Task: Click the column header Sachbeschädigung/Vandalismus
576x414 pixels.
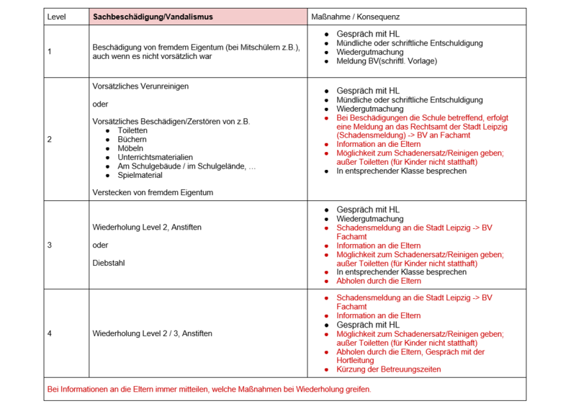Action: (153, 16)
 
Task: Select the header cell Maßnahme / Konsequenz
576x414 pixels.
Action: (355, 16)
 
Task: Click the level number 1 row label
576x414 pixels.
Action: (49, 52)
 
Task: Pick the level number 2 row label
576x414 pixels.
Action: (49, 139)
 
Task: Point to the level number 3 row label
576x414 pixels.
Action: (49, 245)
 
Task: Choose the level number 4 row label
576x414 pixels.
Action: (49, 333)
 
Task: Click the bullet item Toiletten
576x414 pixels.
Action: (132, 130)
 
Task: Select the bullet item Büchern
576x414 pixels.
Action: (132, 139)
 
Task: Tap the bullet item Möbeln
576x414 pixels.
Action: (130, 148)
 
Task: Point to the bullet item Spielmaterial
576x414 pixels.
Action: (139, 175)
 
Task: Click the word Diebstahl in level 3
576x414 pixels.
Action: (109, 263)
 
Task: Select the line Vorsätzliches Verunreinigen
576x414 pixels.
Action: (140, 86)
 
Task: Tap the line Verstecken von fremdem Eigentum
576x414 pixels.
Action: (153, 192)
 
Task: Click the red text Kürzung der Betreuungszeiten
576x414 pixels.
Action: (388, 369)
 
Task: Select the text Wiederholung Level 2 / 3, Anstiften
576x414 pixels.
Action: (153, 333)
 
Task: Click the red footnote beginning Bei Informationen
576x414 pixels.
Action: (209, 389)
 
